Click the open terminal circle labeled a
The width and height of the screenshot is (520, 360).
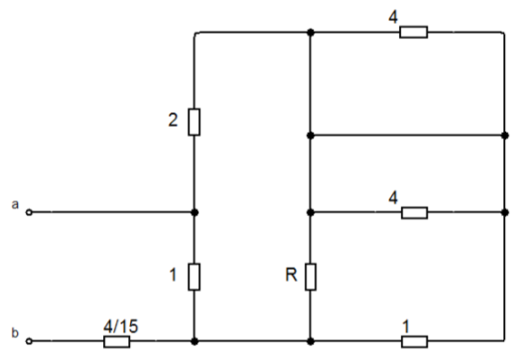(x=29, y=212)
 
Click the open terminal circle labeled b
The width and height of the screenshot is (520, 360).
(x=29, y=341)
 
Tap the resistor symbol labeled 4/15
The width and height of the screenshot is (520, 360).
(x=117, y=341)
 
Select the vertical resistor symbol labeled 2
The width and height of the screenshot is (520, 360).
(x=194, y=122)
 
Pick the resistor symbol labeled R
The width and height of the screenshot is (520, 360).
(x=311, y=277)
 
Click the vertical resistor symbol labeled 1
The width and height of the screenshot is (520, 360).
(x=194, y=277)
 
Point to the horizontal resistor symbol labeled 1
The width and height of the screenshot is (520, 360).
(x=414, y=341)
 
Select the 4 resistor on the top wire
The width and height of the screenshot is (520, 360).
(x=414, y=32)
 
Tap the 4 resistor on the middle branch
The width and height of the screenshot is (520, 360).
(x=414, y=212)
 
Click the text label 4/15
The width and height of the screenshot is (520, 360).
(x=121, y=326)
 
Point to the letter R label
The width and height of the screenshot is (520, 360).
(x=291, y=275)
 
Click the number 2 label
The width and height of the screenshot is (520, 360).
(x=173, y=120)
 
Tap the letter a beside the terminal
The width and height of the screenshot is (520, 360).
(x=15, y=204)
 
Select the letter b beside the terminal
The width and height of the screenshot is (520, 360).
(x=15, y=333)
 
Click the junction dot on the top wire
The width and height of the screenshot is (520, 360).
(x=311, y=32)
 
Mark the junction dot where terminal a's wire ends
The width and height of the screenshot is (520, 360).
(x=195, y=212)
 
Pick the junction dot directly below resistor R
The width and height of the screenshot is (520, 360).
(x=311, y=341)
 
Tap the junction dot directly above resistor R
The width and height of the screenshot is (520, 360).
(x=311, y=212)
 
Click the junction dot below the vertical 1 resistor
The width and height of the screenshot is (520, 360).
(x=195, y=341)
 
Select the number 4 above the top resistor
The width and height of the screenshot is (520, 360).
(x=393, y=17)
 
